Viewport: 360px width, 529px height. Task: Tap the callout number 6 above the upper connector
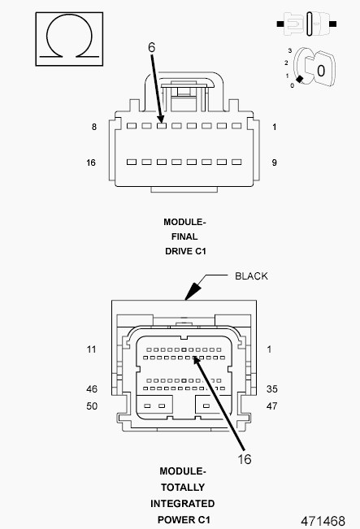pos(151,47)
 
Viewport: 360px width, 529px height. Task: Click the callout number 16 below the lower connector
pos(245,459)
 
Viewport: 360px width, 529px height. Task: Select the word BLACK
pos(251,276)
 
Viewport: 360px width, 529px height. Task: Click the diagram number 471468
pos(323,521)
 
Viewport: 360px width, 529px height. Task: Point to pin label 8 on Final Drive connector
pos(94,127)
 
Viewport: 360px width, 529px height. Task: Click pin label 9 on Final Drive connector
pos(275,163)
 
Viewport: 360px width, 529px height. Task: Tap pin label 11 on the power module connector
pos(92,349)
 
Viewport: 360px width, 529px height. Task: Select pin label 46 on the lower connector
pos(92,389)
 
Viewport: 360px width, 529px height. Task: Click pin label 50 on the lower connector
pos(92,405)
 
